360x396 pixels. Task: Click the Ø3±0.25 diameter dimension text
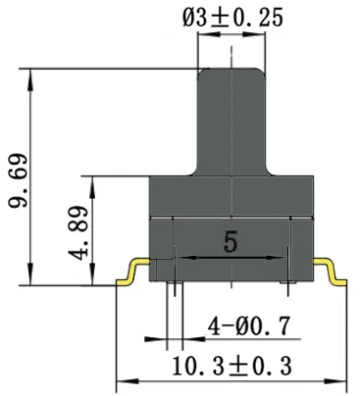pos(232,18)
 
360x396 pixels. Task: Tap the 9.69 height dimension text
pos(19,180)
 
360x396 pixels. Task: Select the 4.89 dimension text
pos(78,232)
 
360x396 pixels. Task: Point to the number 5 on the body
pos(231,241)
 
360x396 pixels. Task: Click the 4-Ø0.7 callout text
pos(249,325)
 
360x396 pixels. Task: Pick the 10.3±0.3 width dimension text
pos(231,366)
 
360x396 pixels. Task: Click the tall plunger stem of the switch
pos(231,123)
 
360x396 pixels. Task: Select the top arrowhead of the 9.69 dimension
pos(30,79)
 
